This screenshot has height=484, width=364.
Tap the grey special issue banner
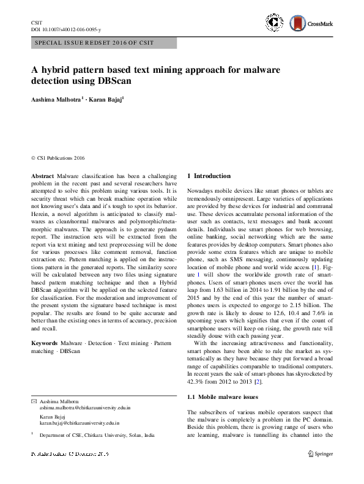pos(103,43)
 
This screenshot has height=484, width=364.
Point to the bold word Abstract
pos(42,176)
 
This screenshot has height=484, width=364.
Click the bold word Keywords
pos(45,344)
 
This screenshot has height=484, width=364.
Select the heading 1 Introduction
pos(209,176)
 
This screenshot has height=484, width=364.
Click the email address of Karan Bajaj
pos(80,422)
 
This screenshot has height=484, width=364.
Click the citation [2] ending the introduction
pos(241,381)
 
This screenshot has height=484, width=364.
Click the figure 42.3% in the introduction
pos(196,381)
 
